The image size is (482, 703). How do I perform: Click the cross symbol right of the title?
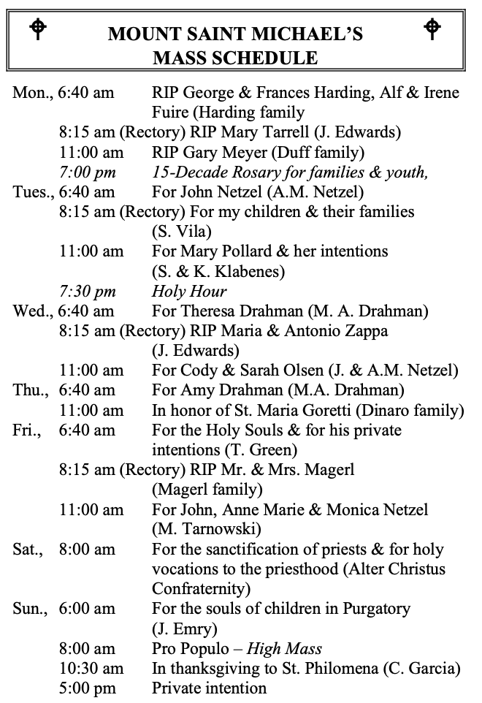(x=432, y=28)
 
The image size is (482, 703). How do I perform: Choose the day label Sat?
(x=28, y=549)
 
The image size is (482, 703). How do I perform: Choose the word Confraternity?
(x=201, y=588)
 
